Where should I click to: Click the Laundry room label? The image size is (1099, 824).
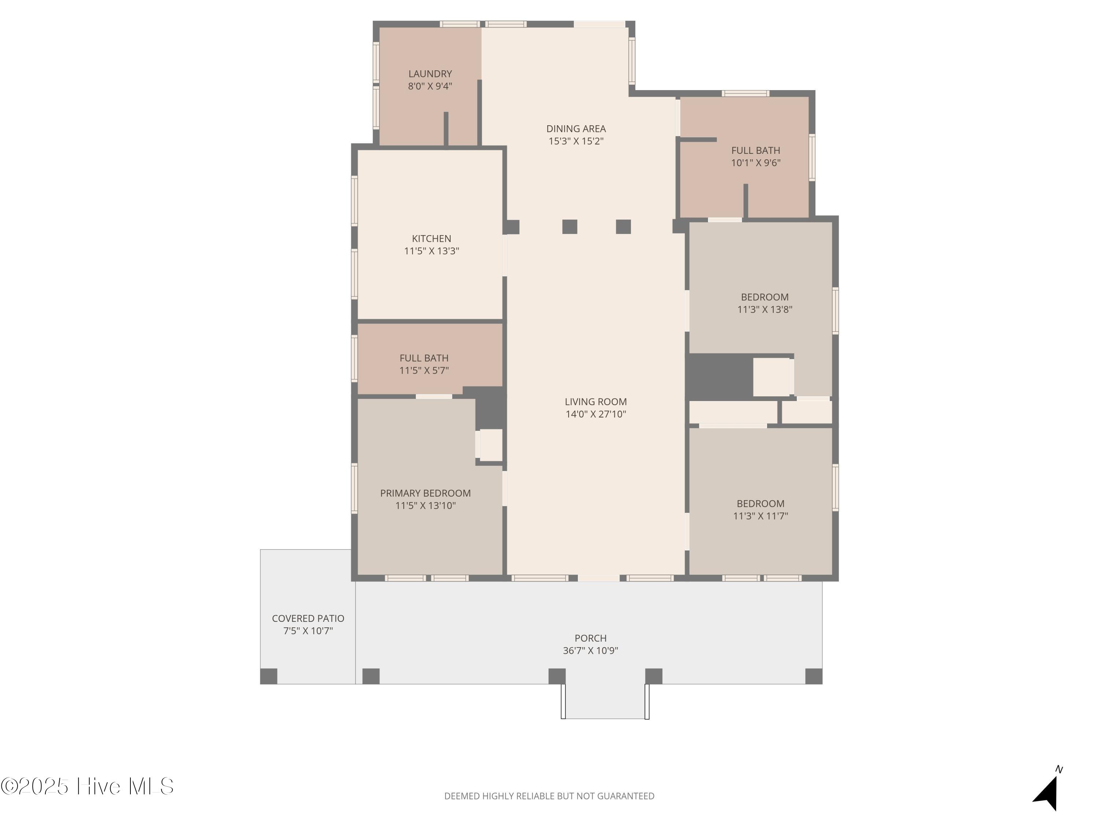430,74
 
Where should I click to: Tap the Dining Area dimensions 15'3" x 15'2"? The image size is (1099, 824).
576,141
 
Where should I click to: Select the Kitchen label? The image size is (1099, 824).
431,239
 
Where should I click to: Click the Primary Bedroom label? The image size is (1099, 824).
425,493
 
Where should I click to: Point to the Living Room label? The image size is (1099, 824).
596,402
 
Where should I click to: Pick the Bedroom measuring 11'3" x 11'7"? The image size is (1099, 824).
761,501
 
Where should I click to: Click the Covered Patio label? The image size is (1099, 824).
308,619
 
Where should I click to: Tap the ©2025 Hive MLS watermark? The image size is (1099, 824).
88,787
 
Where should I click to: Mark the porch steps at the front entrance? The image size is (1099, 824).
605,701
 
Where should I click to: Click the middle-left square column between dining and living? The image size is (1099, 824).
570,226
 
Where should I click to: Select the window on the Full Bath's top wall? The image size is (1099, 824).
745,93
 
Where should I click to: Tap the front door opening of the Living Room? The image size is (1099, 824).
599,578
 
